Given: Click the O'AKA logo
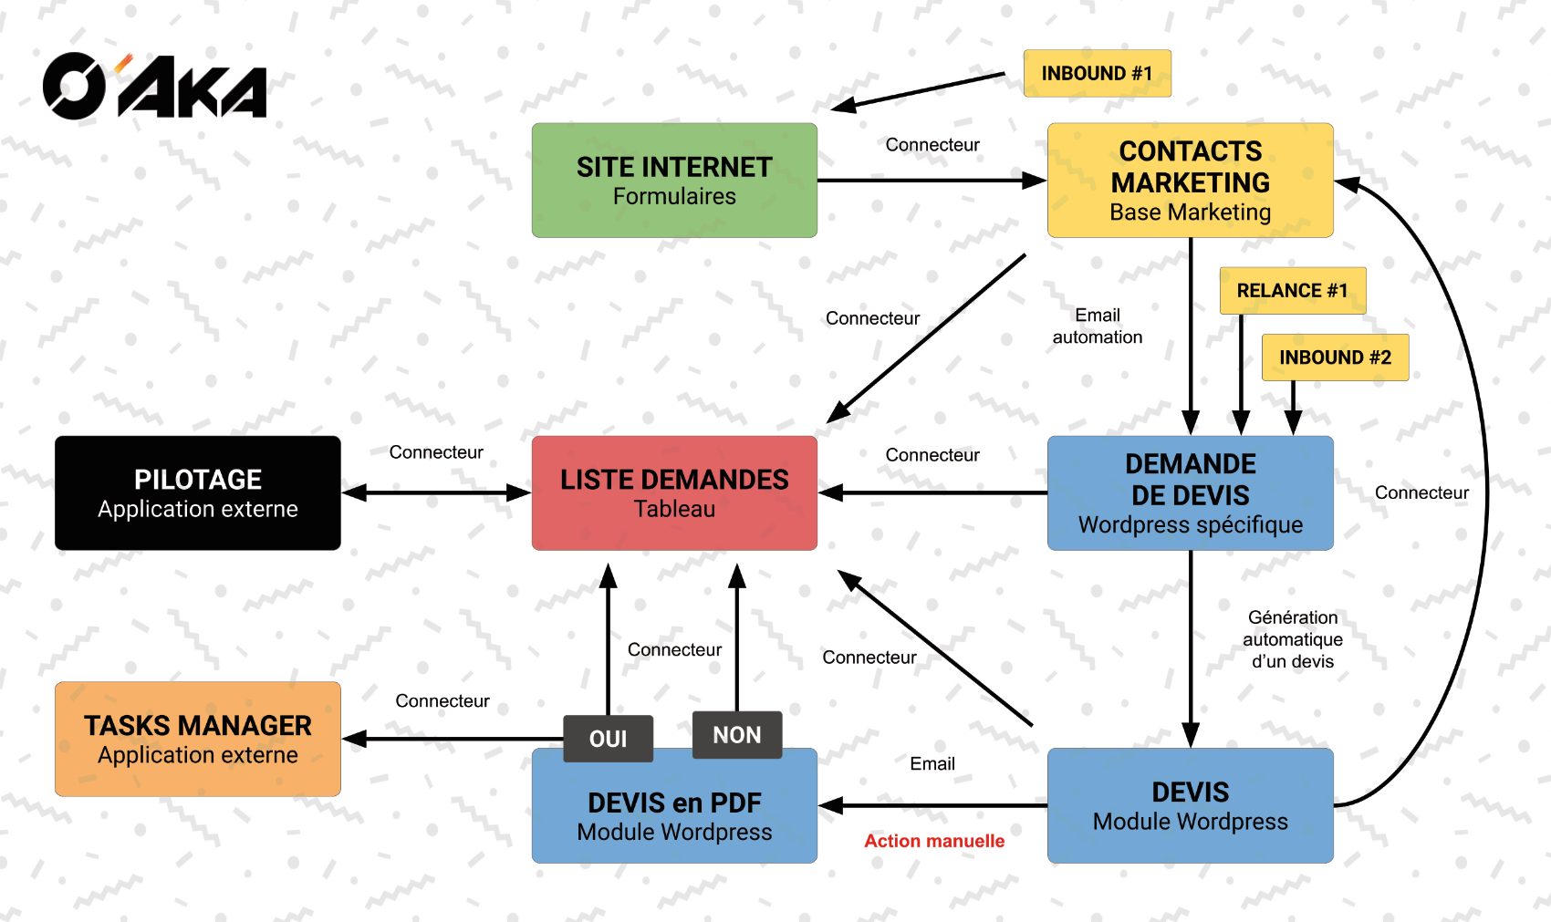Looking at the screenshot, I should pyautogui.click(x=155, y=87).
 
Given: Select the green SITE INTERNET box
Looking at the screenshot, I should pyautogui.click(x=674, y=181).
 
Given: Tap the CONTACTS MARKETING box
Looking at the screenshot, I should pyautogui.click(x=1190, y=181).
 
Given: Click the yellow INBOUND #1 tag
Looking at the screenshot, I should pyautogui.click(x=1097, y=73).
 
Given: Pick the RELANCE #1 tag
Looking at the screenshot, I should pyautogui.click(x=1292, y=290).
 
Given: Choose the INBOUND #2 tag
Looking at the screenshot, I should pyautogui.click(x=1335, y=357).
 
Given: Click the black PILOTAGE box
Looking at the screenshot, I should pyautogui.click(x=198, y=492).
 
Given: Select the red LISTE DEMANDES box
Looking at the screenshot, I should pyautogui.click(x=674, y=492).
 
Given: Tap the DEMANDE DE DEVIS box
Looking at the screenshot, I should pyautogui.click(x=1190, y=492).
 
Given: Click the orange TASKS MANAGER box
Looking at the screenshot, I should pyautogui.click(x=198, y=739).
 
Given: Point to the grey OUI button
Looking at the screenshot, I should pyautogui.click(x=608, y=738).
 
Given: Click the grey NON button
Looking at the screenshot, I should pyautogui.click(x=737, y=734).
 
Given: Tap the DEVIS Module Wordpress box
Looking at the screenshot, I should pyautogui.click(x=1190, y=805).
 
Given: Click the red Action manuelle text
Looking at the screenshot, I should pyautogui.click(x=934, y=841).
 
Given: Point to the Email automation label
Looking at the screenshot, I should pyautogui.click(x=1097, y=326).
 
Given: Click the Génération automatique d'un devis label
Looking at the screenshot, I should pyautogui.click(x=1292, y=639).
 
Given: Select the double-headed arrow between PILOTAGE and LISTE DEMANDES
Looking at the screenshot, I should pyautogui.click(x=436, y=493).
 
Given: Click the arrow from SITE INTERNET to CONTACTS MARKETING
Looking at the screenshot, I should pyautogui.click(x=931, y=181).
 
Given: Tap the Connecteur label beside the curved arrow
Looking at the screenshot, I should pyautogui.click(x=1421, y=492).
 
